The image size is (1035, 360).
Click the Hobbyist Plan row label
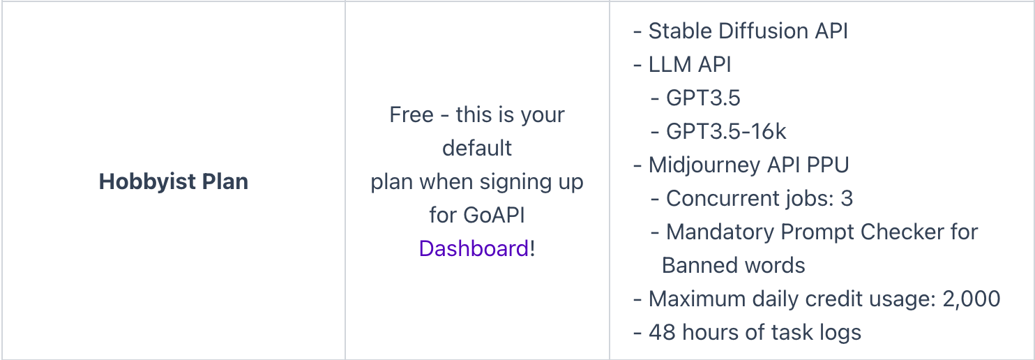click(174, 182)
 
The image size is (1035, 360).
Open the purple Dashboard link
click(474, 248)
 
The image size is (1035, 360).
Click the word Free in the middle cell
click(411, 114)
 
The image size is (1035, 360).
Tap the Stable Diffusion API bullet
click(748, 31)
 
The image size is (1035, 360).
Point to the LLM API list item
click(690, 64)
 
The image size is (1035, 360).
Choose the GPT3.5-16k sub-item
click(726, 131)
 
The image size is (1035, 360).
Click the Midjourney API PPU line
click(748, 165)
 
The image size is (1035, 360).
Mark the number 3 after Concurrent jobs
click(847, 198)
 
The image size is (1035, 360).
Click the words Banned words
click(733, 265)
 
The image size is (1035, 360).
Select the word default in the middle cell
click(477, 148)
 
